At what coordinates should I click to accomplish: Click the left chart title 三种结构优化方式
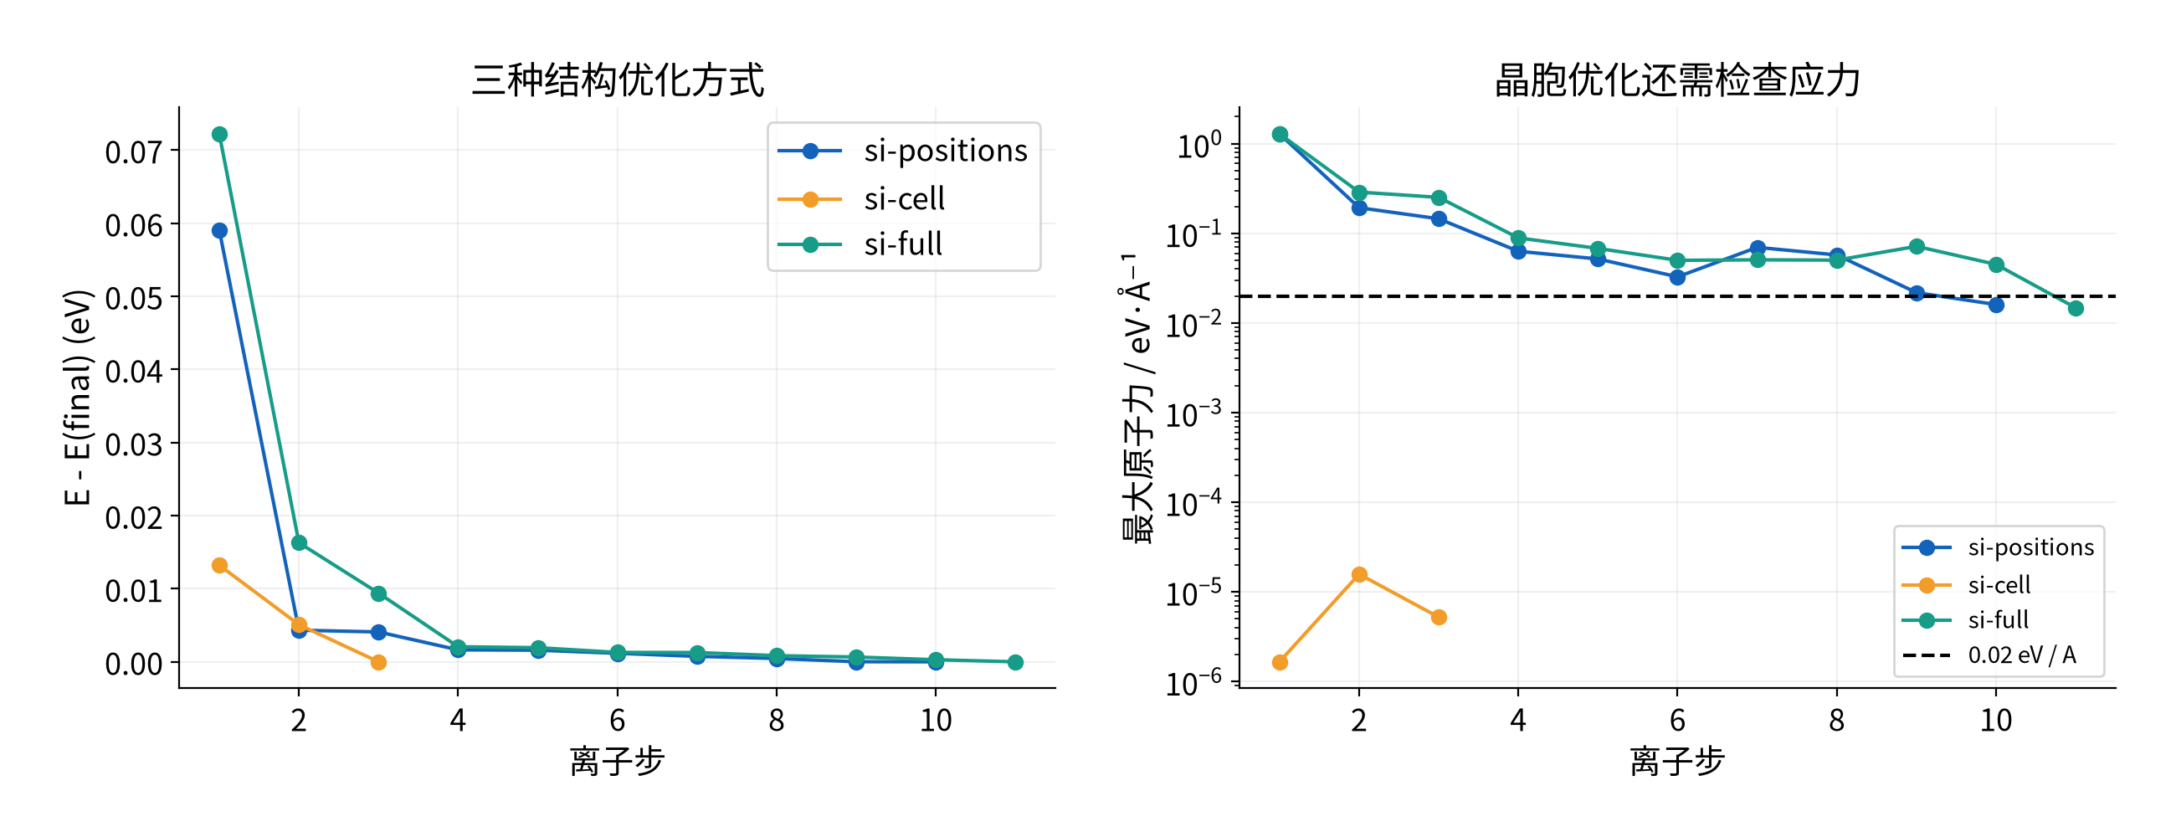click(618, 80)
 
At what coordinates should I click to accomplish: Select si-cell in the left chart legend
click(904, 198)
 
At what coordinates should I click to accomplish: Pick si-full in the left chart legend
click(902, 244)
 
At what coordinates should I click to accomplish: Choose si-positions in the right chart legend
click(2030, 547)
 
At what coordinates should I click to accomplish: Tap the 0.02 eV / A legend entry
click(2021, 655)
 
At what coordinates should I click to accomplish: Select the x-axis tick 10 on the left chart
click(935, 720)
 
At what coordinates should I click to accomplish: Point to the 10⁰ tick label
click(1198, 146)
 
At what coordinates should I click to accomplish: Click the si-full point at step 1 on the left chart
click(219, 134)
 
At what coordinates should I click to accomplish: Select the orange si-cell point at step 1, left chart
click(219, 565)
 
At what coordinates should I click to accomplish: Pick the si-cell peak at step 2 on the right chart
click(1359, 574)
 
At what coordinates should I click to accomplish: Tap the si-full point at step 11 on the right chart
click(2076, 308)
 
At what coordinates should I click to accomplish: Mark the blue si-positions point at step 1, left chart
click(219, 230)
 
